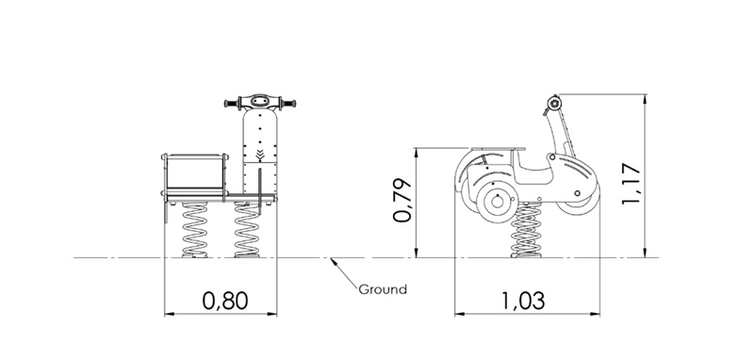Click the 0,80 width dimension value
pyautogui.click(x=225, y=301)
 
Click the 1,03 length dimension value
pyautogui.click(x=523, y=301)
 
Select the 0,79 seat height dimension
pyautogui.click(x=402, y=200)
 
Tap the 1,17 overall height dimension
pyautogui.click(x=631, y=184)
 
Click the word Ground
pyautogui.click(x=383, y=289)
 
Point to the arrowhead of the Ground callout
pyautogui.click(x=333, y=261)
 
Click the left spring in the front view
pyautogui.click(x=195, y=230)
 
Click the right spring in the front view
pyautogui.click(x=247, y=230)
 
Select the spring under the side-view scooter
pyautogui.click(x=526, y=230)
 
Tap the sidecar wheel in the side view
pyautogui.click(x=498, y=202)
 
